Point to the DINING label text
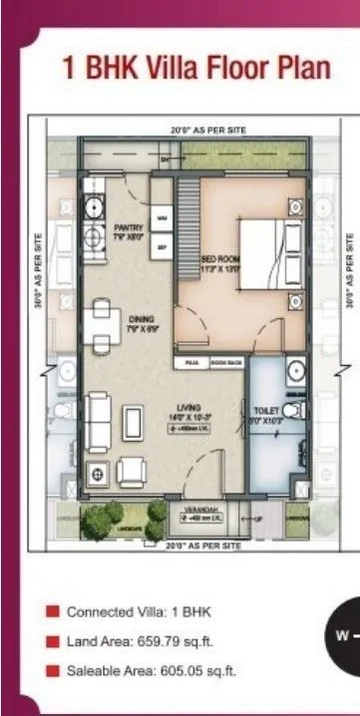140,323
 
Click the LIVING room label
192,411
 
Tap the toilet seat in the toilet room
290,411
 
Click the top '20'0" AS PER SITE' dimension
208,130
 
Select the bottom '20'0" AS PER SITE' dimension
203,546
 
